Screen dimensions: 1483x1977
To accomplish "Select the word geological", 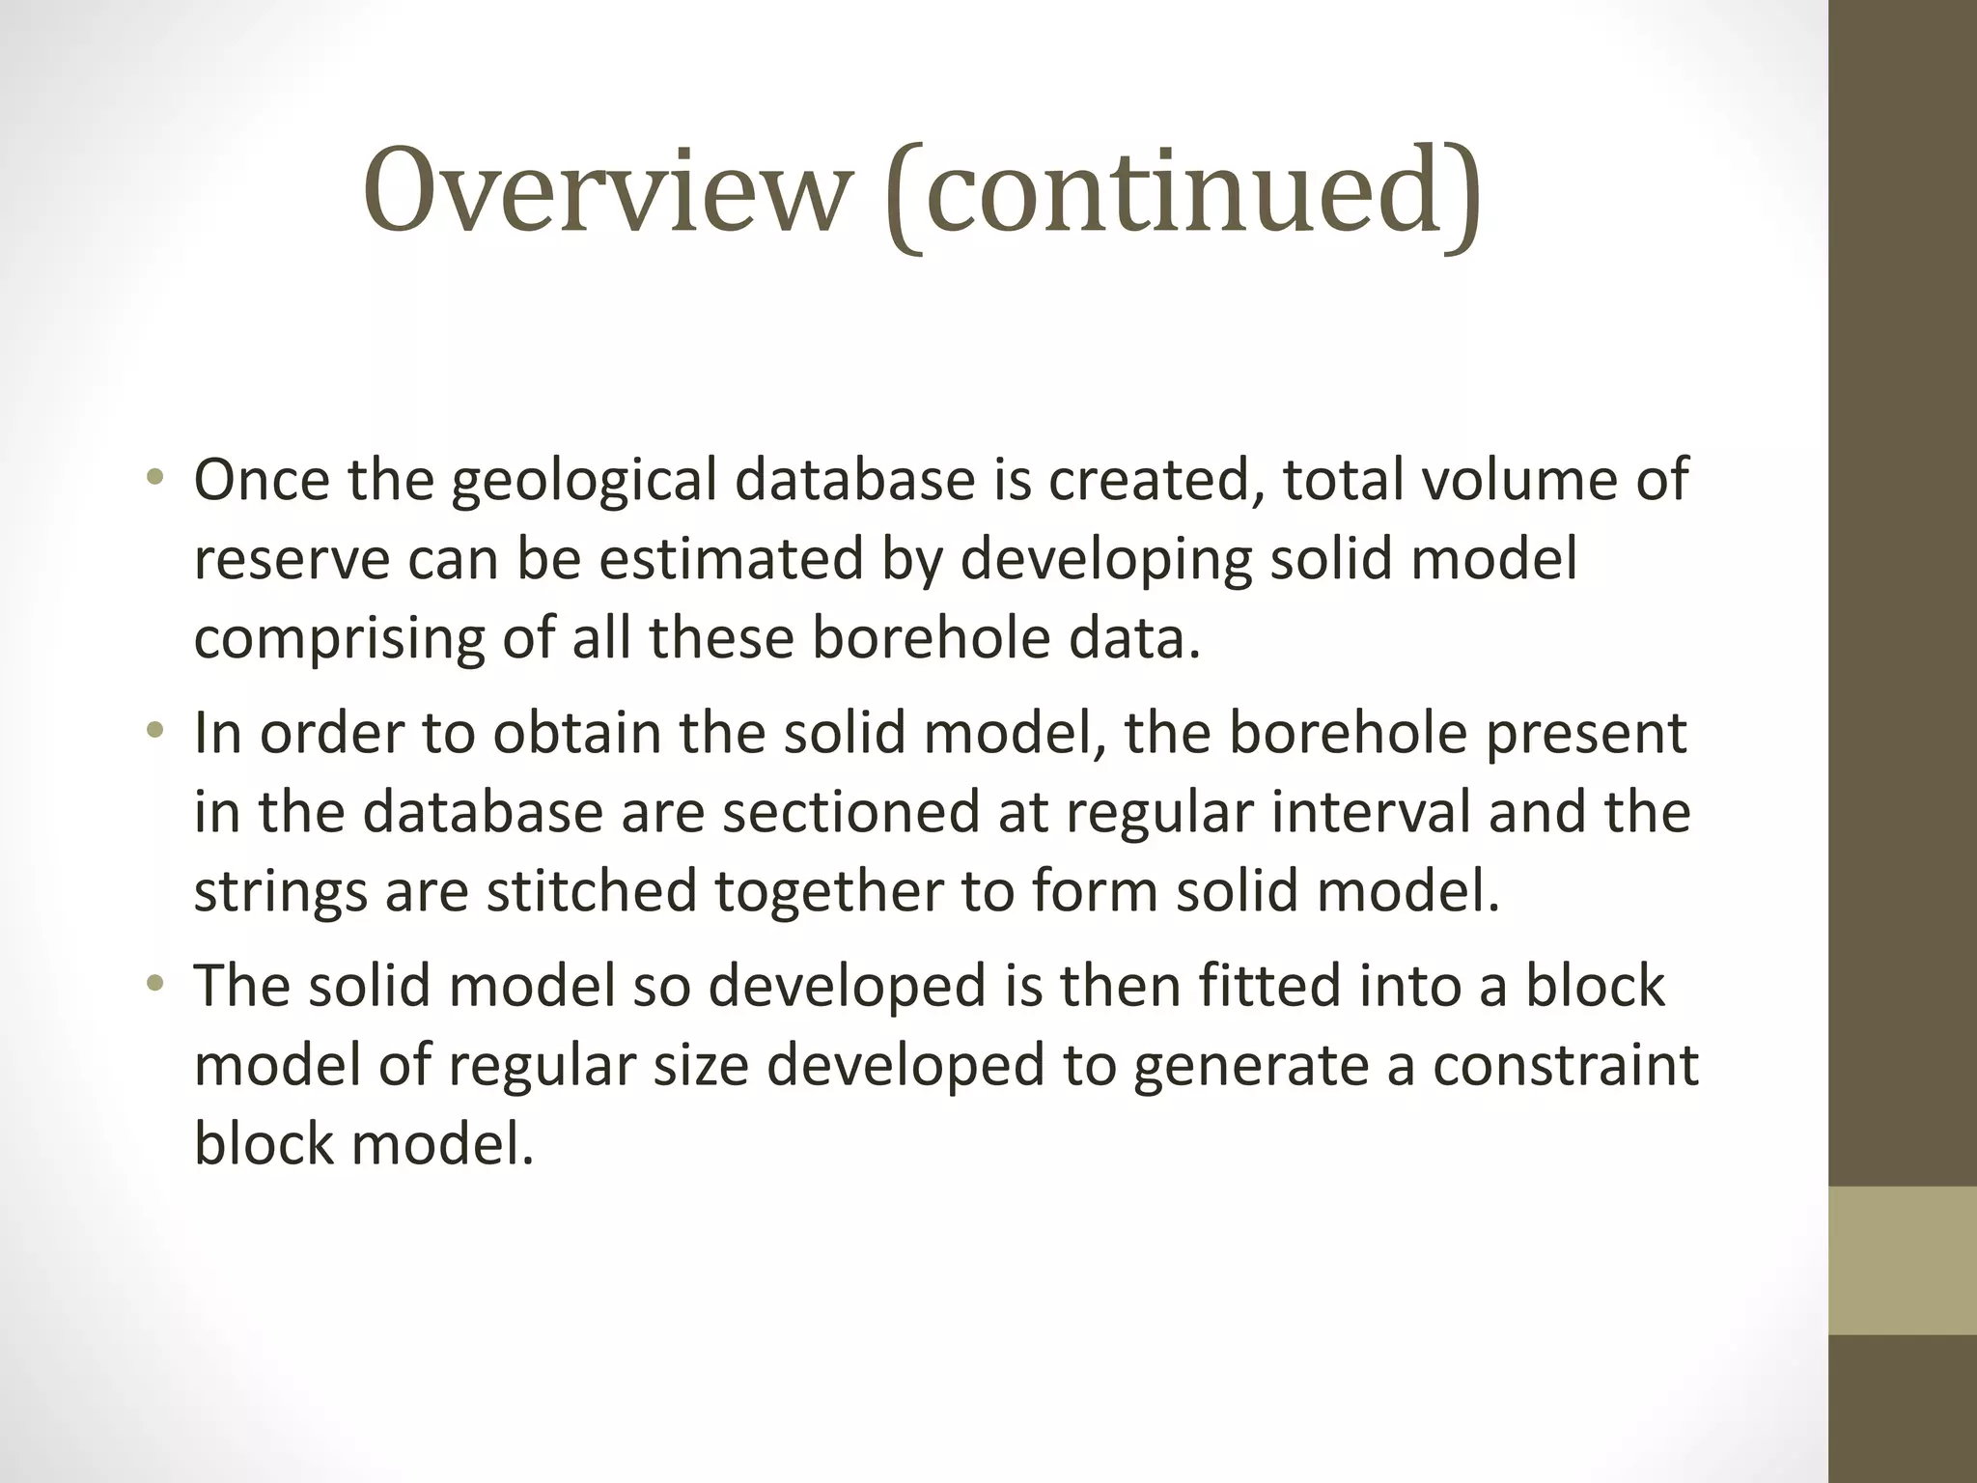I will tap(584, 481).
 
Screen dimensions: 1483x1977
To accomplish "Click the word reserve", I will tap(291, 560).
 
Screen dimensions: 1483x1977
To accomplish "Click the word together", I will tap(828, 892).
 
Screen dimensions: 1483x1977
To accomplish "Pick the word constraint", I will tap(1565, 1065).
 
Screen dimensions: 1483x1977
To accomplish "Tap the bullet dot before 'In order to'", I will tap(154, 731).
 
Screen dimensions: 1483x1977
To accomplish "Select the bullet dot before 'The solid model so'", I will tap(154, 985).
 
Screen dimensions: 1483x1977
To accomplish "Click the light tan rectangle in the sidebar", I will tap(1903, 1260).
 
